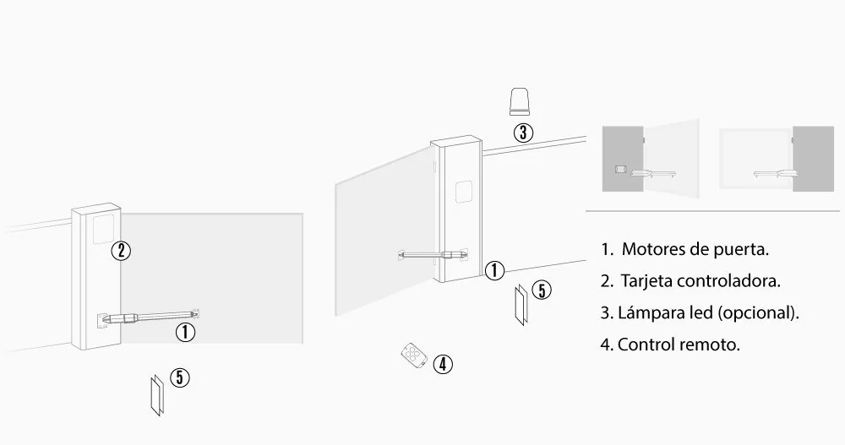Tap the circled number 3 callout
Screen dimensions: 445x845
pyautogui.click(x=524, y=133)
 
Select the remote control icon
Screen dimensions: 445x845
pyautogui.click(x=412, y=355)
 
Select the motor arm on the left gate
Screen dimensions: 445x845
pyautogui.click(x=148, y=317)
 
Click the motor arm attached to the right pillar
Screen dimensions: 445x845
pyautogui.click(x=433, y=252)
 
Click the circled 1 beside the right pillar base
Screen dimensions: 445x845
pyautogui.click(x=495, y=271)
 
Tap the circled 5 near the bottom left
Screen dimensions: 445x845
pyautogui.click(x=179, y=377)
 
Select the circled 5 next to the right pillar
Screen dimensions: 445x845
pyautogui.click(x=542, y=290)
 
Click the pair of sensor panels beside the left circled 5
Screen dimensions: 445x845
pyautogui.click(x=154, y=394)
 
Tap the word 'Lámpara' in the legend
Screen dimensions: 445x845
pyautogui.click(x=647, y=312)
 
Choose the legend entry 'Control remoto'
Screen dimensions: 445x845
pyautogui.click(x=679, y=345)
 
